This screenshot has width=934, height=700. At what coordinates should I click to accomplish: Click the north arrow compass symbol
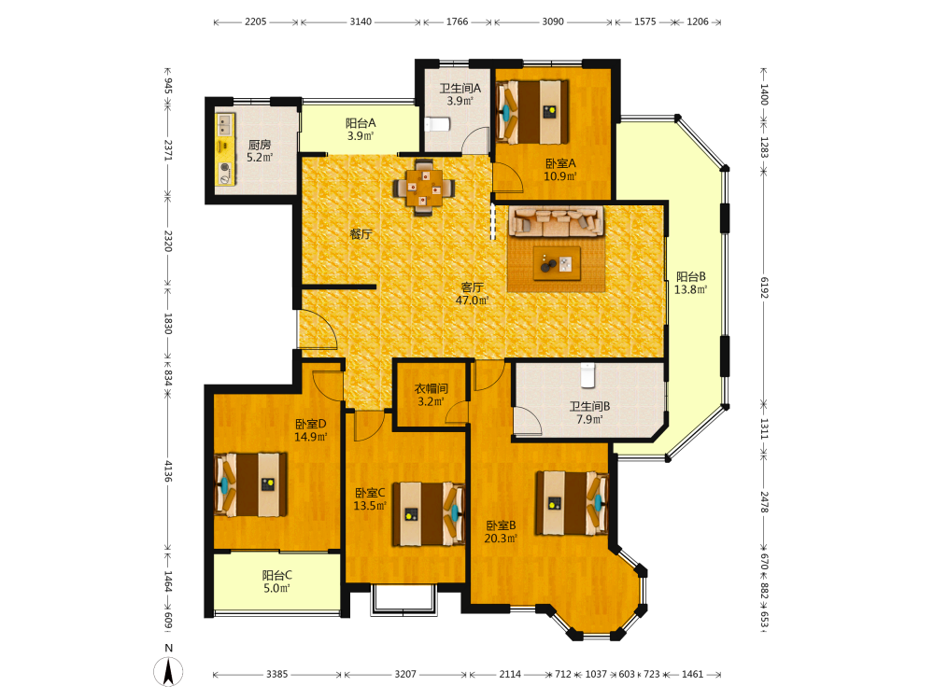(x=168, y=672)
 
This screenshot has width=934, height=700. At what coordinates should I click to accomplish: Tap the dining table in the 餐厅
(x=423, y=188)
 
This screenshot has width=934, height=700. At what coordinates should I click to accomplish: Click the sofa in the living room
(x=557, y=221)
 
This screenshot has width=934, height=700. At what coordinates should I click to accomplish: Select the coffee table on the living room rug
(x=557, y=262)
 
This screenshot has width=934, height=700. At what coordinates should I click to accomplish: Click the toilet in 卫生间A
(x=437, y=124)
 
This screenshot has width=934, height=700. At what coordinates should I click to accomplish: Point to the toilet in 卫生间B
(x=587, y=374)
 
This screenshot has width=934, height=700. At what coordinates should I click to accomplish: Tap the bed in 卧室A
(x=532, y=112)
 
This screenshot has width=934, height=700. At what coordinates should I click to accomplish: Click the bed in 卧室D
(x=250, y=484)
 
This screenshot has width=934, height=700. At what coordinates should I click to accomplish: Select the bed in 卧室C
(x=428, y=513)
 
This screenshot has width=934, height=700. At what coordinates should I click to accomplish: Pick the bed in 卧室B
(x=572, y=503)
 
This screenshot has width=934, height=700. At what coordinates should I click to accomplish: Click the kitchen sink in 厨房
(x=224, y=124)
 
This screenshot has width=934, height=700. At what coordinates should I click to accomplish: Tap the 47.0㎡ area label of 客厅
(x=472, y=301)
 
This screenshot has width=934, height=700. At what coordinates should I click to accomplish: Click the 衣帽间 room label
(x=432, y=388)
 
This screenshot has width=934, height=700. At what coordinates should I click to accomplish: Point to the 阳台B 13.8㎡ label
(x=690, y=284)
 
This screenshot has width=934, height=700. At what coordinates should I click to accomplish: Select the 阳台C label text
(x=277, y=575)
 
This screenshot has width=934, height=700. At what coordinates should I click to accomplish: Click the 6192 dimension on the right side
(x=764, y=287)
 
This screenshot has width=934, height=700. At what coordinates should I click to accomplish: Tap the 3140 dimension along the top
(x=361, y=21)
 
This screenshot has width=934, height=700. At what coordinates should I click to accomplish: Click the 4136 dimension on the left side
(x=168, y=470)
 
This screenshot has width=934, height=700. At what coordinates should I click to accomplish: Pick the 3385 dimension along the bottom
(x=277, y=674)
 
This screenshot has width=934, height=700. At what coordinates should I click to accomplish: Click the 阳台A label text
(x=361, y=123)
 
